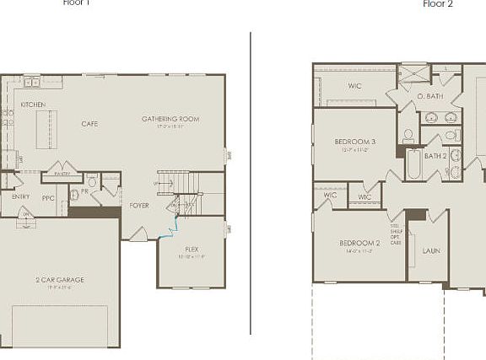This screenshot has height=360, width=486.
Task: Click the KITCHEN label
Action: click(x=33, y=105)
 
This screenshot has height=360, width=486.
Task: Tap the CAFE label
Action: click(x=89, y=124)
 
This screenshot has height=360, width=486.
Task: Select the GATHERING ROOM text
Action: click(x=170, y=119)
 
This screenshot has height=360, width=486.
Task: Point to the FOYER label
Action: click(x=139, y=206)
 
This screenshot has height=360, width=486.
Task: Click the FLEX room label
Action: click(x=192, y=250)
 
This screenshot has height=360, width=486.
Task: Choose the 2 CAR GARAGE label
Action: click(x=59, y=279)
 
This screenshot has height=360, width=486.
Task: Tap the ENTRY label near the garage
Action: click(x=20, y=196)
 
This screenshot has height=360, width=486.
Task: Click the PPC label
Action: click(x=48, y=199)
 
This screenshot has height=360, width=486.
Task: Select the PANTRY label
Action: click(x=62, y=174)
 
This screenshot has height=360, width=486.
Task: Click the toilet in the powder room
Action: click(x=92, y=181)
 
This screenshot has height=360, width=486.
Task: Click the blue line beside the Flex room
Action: click(x=174, y=223)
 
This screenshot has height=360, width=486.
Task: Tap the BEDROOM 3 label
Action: click(x=355, y=142)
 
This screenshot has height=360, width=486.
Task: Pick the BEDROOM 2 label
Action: click(x=360, y=243)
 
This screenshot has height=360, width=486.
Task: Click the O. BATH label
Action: click(x=430, y=96)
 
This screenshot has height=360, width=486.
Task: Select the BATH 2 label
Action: click(x=435, y=155)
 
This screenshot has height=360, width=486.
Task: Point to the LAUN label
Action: click(x=430, y=250)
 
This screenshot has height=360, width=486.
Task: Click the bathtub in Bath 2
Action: click(x=413, y=164)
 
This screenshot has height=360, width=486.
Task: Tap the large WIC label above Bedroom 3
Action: click(x=355, y=85)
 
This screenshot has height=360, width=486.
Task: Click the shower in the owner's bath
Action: click(x=414, y=73)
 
